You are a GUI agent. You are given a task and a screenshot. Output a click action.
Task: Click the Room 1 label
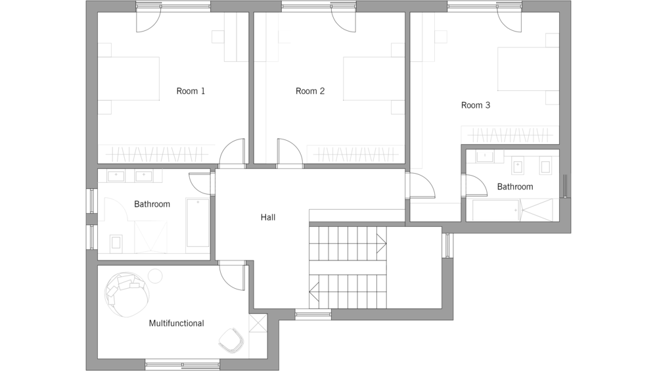point(191,91)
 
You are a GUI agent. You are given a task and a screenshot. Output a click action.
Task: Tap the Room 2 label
point(310,91)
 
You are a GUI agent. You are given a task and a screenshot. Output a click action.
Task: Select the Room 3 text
point(476,105)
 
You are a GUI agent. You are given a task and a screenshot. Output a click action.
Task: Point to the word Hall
point(268,217)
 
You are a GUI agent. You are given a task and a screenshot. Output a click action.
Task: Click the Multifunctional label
point(176,323)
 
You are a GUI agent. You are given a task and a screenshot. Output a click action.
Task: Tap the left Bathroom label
point(152,205)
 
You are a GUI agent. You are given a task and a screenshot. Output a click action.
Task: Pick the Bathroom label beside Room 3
point(515,187)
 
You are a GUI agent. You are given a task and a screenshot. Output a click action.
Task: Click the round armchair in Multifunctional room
point(127,295)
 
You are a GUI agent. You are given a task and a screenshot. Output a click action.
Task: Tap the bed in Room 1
point(129,78)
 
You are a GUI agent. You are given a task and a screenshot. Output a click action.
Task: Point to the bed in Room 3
point(528,69)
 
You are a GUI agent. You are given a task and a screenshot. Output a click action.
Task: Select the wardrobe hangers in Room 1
point(157,154)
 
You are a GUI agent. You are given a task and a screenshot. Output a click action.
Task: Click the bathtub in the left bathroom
point(198,222)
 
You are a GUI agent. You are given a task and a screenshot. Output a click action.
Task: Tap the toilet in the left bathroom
point(116,243)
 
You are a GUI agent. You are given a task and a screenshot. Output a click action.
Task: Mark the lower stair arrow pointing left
point(314,291)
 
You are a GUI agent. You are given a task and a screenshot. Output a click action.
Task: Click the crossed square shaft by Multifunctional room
point(258,323)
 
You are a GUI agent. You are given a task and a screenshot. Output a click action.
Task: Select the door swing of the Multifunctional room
point(232,276)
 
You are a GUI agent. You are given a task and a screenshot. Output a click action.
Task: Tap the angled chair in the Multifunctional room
point(231,340)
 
